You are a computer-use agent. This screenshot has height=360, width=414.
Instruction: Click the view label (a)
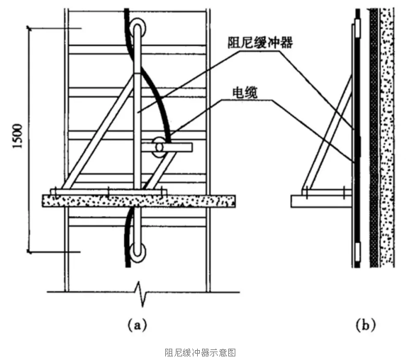(x=137, y=325)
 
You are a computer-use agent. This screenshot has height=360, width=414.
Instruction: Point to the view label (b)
(x=365, y=325)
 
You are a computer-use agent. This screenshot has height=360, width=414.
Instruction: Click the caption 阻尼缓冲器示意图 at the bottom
(x=200, y=351)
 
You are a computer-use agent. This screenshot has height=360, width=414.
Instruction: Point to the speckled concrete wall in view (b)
(x=387, y=142)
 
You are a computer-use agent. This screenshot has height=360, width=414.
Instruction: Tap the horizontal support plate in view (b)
(x=319, y=201)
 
